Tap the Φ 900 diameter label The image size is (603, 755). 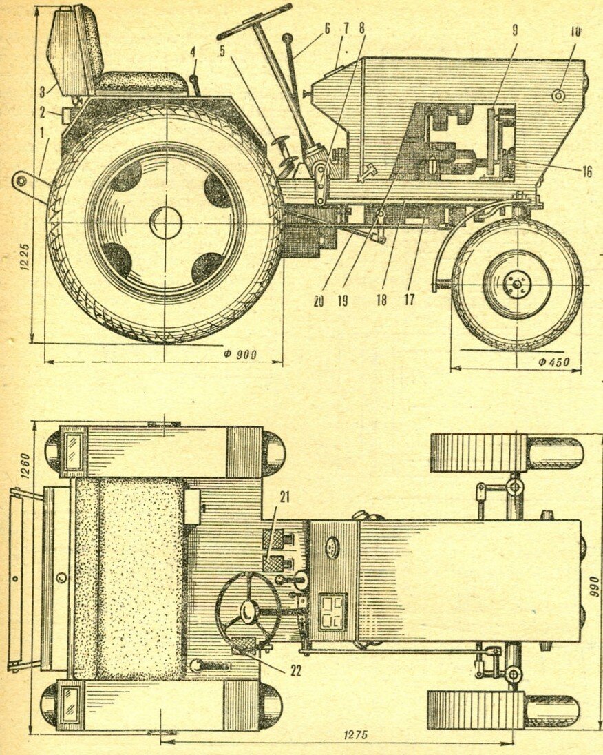(240, 354)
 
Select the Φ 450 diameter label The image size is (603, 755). (554, 362)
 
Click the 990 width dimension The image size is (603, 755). (595, 586)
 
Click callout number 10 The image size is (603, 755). (575, 31)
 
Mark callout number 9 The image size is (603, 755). (516, 31)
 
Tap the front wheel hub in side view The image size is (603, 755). (516, 284)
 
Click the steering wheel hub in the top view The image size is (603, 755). (248, 609)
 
